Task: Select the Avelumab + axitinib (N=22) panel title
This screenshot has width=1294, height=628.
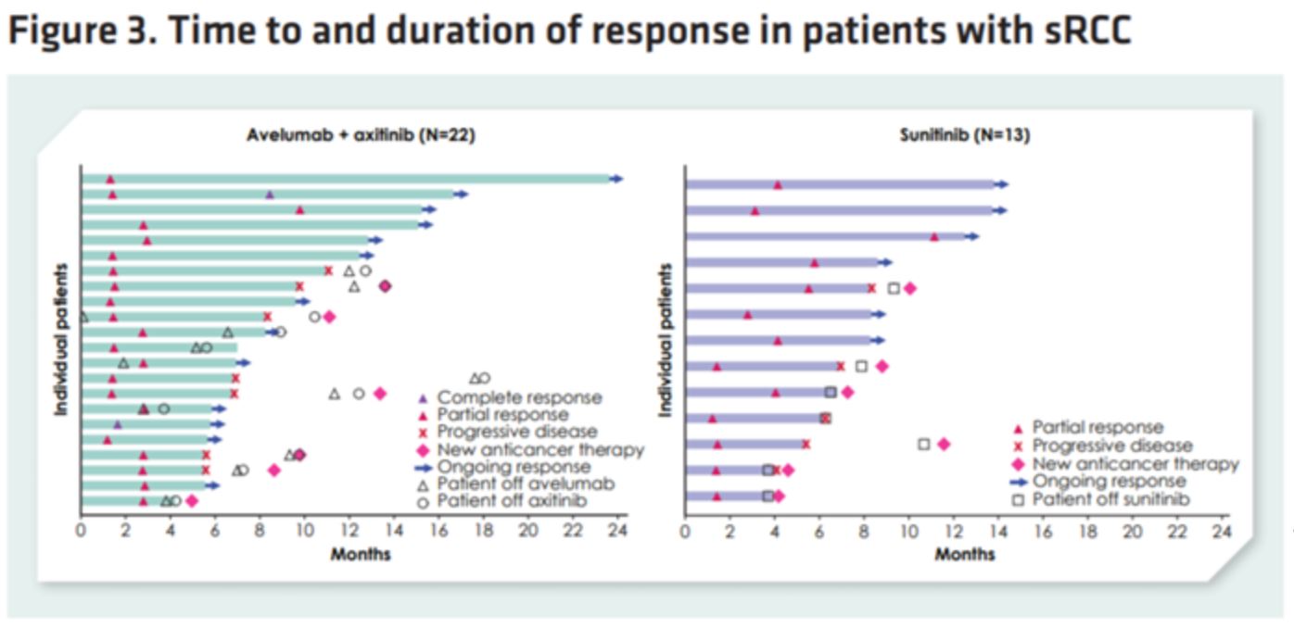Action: click(361, 134)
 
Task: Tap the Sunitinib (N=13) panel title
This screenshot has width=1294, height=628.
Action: click(964, 134)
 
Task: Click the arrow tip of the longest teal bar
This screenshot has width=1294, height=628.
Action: click(618, 179)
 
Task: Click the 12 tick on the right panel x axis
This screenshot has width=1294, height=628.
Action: click(954, 532)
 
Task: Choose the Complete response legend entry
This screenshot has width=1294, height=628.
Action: click(519, 398)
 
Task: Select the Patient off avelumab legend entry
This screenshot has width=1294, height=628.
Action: click(526, 484)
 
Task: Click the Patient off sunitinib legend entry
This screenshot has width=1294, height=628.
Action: click(1111, 499)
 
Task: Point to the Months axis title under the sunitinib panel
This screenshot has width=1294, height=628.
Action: click(964, 554)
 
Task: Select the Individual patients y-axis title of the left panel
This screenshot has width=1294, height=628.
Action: click(61, 339)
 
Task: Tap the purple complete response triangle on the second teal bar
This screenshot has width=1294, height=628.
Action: click(270, 195)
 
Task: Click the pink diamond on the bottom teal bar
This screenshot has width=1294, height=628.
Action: click(192, 501)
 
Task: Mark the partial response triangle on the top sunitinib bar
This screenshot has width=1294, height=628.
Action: click(778, 185)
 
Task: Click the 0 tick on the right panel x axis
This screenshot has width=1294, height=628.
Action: click(685, 532)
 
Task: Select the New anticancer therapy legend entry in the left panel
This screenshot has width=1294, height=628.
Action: click(540, 450)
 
